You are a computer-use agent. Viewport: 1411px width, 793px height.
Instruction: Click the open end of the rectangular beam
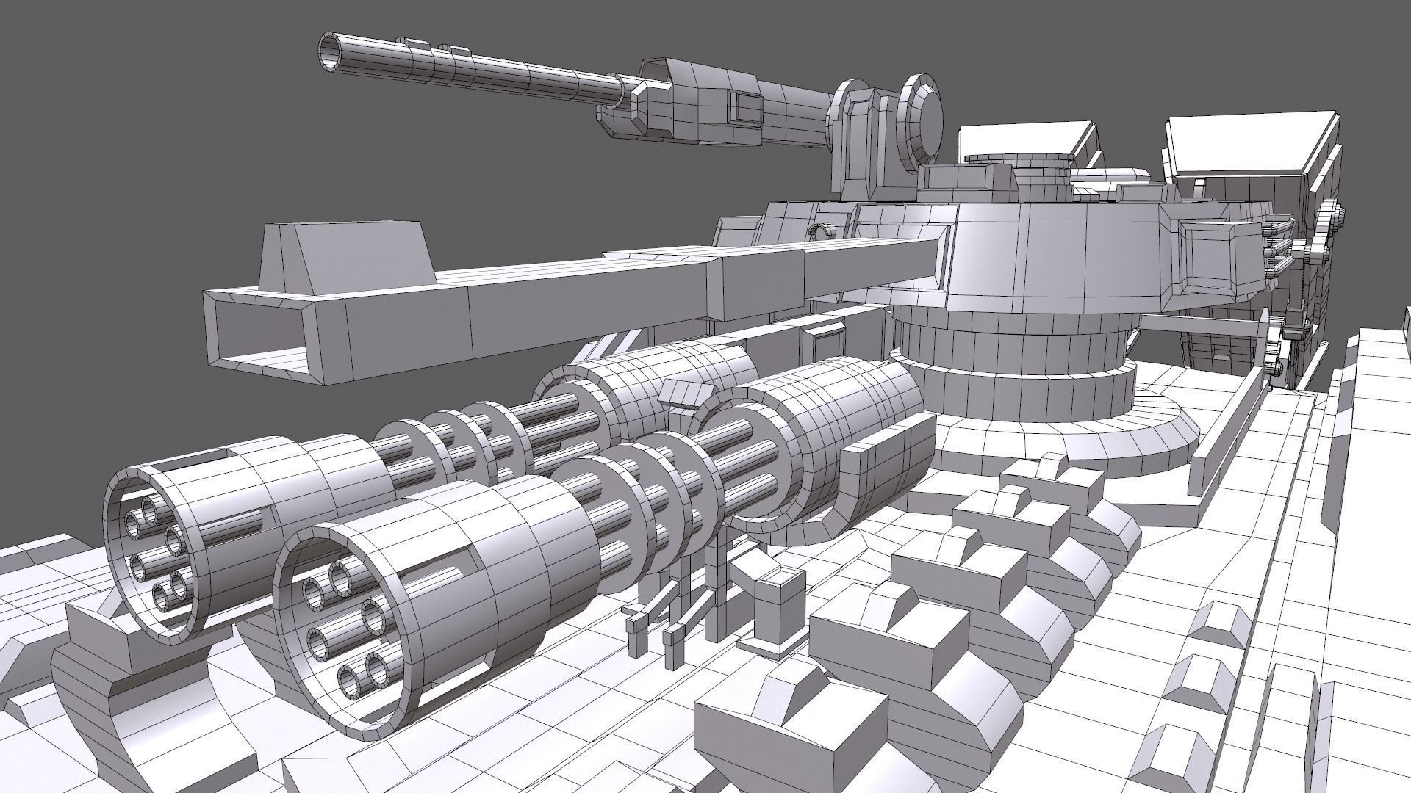[257, 334]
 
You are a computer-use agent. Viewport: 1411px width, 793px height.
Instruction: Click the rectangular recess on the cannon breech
[747, 108]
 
